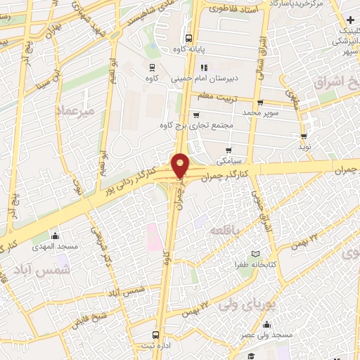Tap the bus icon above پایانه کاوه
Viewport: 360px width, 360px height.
coord(188,39)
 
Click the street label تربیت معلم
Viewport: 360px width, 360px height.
coord(214,96)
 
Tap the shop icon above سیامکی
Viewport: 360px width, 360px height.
coord(229,150)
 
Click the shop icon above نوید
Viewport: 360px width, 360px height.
coord(304,136)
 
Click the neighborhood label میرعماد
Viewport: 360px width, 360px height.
coord(73,110)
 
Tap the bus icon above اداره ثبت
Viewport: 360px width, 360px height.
coord(155,335)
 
